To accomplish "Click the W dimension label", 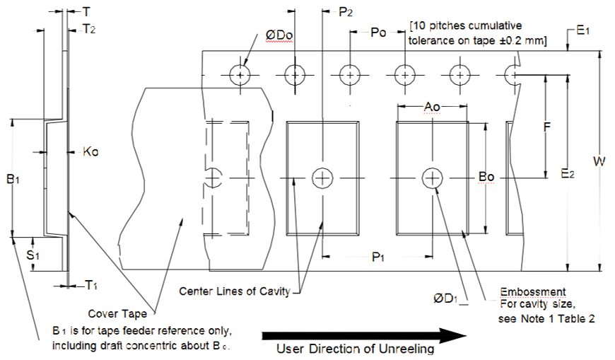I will (599, 161).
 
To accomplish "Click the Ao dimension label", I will (432, 106).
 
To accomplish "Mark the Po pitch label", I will (378, 33).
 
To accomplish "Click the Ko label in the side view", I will (90, 151).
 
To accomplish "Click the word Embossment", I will (532, 291).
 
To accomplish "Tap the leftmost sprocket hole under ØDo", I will (242, 74).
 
